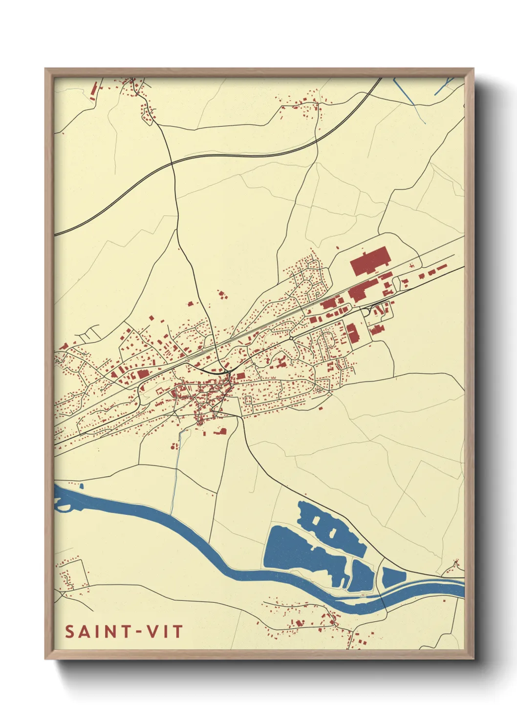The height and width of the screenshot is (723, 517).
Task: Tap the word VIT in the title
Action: [x=165, y=632]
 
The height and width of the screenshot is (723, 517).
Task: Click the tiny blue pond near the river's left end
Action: [x=81, y=486]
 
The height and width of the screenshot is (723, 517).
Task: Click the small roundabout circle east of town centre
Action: [x=291, y=338]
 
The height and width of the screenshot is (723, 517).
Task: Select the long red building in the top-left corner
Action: [x=95, y=90]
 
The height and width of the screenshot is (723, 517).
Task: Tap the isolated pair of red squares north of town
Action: [x=223, y=295]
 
